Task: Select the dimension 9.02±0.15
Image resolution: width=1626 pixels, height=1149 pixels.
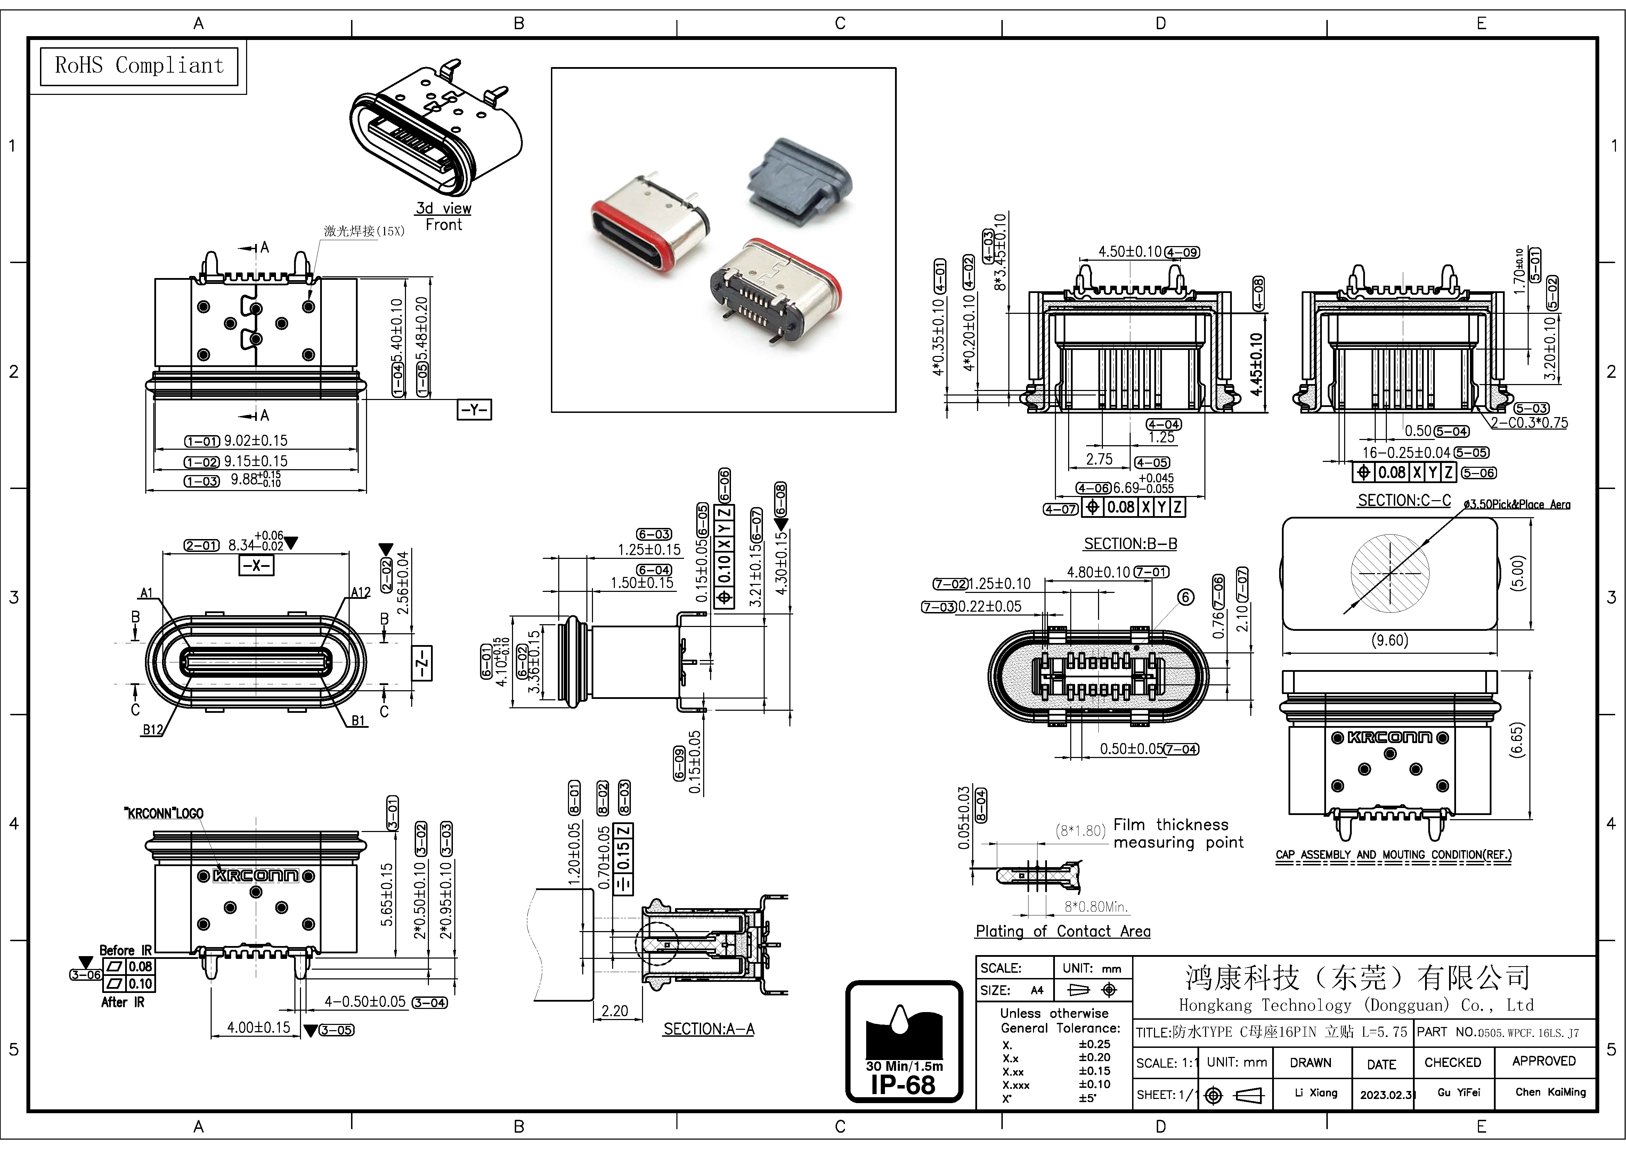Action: (256, 440)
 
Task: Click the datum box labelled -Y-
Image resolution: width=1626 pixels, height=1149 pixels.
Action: (474, 410)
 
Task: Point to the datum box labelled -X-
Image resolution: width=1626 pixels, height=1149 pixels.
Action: (257, 566)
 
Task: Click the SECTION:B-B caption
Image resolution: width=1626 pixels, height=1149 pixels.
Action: (1130, 544)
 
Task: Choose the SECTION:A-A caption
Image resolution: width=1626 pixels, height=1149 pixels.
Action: (708, 1029)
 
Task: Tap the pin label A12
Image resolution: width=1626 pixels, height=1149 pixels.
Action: (360, 592)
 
